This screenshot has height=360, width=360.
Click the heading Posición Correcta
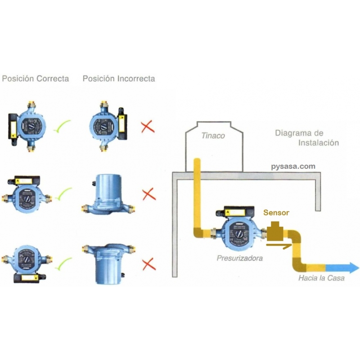(36, 79)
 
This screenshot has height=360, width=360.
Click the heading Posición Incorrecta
(119, 79)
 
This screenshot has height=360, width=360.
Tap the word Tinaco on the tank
(213, 135)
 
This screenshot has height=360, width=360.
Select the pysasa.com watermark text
(293, 166)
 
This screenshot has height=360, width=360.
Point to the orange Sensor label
(276, 213)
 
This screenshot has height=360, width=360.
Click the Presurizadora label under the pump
(239, 259)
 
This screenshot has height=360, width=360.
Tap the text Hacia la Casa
(321, 278)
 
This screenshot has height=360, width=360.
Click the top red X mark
(148, 126)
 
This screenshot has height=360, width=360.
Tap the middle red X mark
(148, 194)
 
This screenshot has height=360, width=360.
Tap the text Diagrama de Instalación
(306, 138)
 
